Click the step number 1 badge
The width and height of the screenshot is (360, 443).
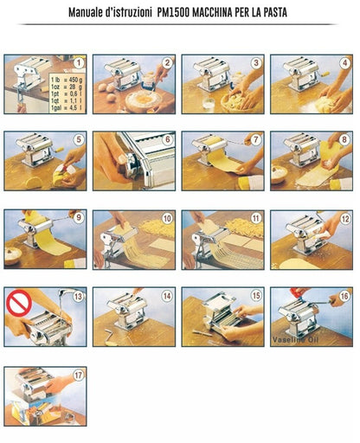[x=79, y=63]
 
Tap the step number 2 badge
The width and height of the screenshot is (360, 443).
[x=167, y=63]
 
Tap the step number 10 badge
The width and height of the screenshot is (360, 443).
[x=166, y=218]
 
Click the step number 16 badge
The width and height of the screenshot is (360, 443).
[x=344, y=296]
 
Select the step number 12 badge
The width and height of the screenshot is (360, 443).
[x=344, y=218]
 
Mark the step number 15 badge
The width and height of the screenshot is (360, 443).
[x=255, y=296]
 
